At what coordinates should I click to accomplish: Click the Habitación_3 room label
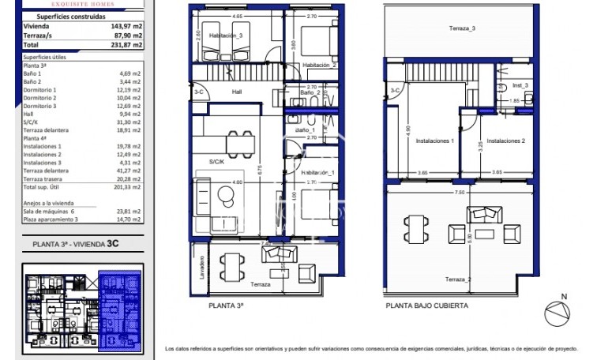pyautogui.click(x=226, y=36)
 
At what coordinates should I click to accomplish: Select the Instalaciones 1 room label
pyautogui.click(x=430, y=141)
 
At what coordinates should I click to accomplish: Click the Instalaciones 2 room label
pyautogui.click(x=506, y=141)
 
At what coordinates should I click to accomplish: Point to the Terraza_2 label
pyautogui.click(x=458, y=279)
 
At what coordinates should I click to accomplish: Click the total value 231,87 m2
pyautogui.click(x=126, y=46)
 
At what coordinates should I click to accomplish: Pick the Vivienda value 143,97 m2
pyautogui.click(x=126, y=25)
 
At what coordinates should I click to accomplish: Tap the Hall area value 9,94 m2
pyautogui.click(x=129, y=113)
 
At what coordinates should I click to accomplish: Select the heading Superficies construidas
pyautogui.click(x=56, y=15)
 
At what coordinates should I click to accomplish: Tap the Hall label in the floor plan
pyautogui.click(x=236, y=92)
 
